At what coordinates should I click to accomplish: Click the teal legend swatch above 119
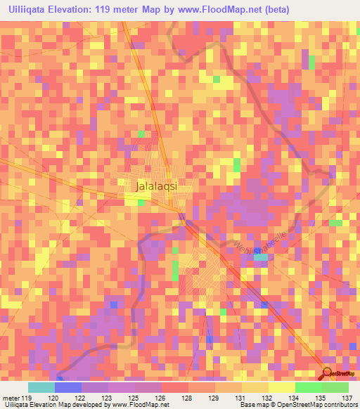(41, 387)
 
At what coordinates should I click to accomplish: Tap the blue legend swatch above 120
(67, 387)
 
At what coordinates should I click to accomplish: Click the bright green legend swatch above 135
(308, 387)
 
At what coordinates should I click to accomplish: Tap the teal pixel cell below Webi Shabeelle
(261, 257)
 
